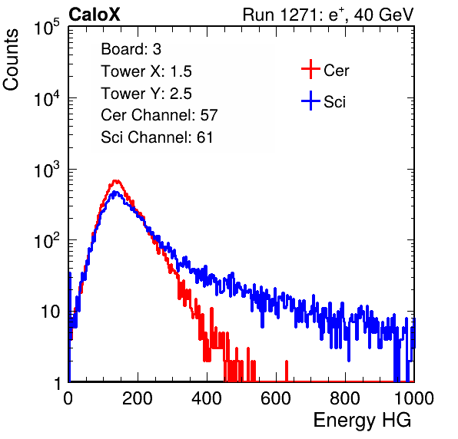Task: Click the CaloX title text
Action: coord(95,15)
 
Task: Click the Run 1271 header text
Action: coord(328,15)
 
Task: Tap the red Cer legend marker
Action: coord(310,69)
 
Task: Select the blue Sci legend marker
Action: coord(310,101)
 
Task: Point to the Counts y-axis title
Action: coord(11,60)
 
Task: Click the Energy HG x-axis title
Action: coord(362,421)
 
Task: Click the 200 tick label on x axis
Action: coord(138,398)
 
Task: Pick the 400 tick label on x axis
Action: coord(207,398)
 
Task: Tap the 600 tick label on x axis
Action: coord(276,398)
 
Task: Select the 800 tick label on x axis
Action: coord(345,398)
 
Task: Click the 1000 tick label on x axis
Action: coord(414,398)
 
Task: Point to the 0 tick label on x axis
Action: coord(68,398)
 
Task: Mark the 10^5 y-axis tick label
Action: coord(47,27)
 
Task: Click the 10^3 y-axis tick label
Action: coord(47,169)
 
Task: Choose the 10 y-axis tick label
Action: coord(50,312)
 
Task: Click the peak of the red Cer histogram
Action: coord(116,180)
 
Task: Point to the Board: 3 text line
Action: coord(131,49)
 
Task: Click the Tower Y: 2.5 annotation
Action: coord(146,94)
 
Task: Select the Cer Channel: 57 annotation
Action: coord(159,115)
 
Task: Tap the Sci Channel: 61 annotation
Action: coord(157,137)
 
